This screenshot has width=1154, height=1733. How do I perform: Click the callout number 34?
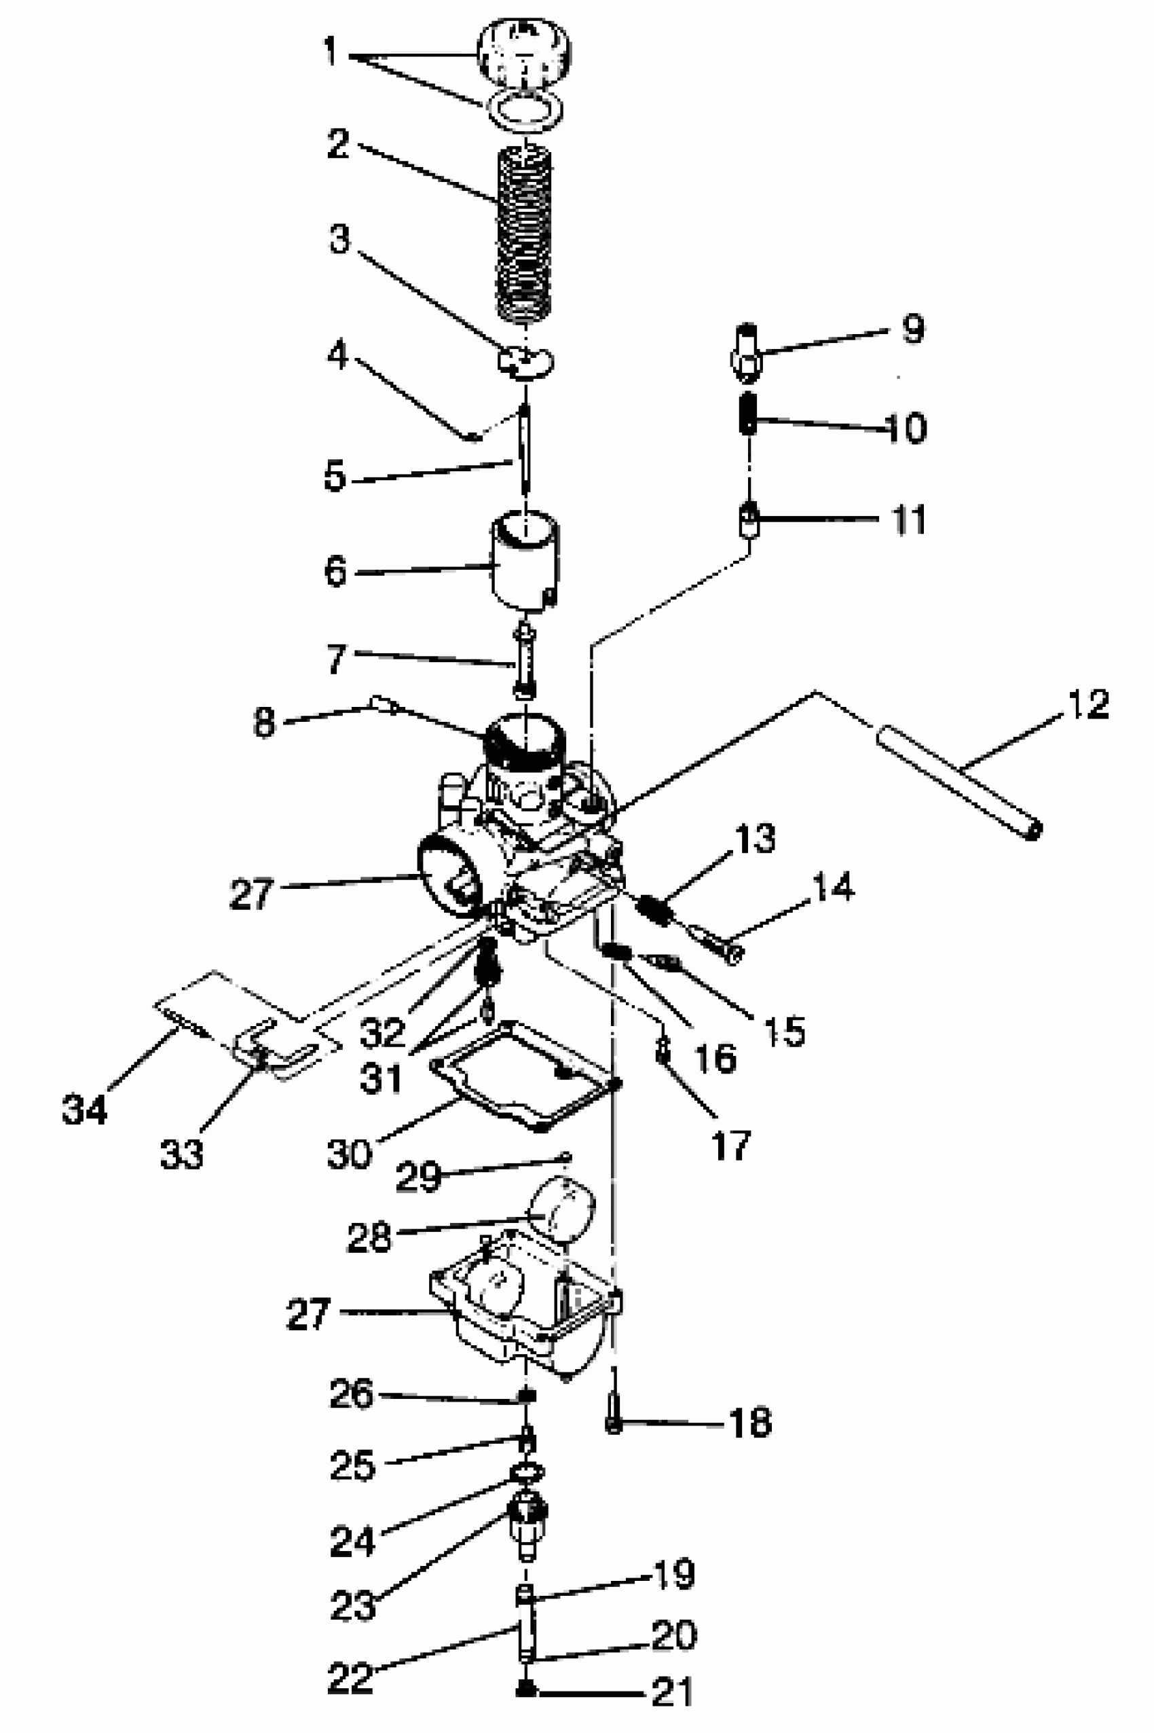coord(85,1108)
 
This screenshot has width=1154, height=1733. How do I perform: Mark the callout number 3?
coord(339,239)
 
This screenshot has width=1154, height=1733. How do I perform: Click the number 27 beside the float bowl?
coord(308,1314)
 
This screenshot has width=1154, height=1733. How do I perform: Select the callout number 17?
coord(731,1146)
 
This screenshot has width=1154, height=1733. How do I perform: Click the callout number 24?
coord(352,1540)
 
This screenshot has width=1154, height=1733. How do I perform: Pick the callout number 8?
coord(264,723)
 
